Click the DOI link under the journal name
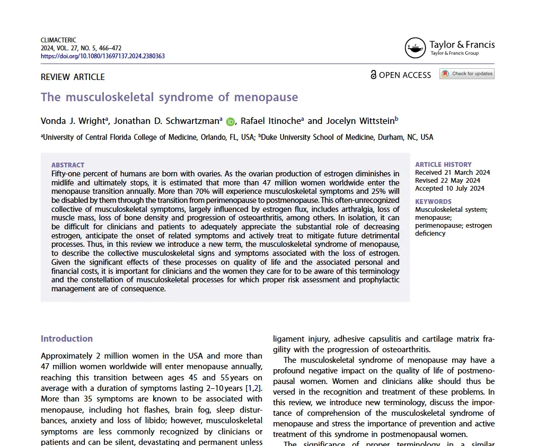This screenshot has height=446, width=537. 102,56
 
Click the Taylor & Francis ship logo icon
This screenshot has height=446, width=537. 415,48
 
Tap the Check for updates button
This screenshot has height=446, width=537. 466,74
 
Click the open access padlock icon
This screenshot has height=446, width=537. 373,75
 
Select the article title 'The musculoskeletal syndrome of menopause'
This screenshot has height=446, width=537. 169,97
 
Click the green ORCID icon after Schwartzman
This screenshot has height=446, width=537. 230,121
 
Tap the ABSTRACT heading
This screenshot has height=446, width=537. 68,165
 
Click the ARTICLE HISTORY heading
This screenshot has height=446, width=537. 443,164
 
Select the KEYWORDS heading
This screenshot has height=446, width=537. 433,201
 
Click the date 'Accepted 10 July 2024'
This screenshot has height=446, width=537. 450,188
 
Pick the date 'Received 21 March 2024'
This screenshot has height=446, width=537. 452,172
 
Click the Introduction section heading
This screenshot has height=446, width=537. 67,338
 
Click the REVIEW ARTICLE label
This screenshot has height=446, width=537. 73,77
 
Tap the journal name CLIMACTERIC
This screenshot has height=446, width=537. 58,40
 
